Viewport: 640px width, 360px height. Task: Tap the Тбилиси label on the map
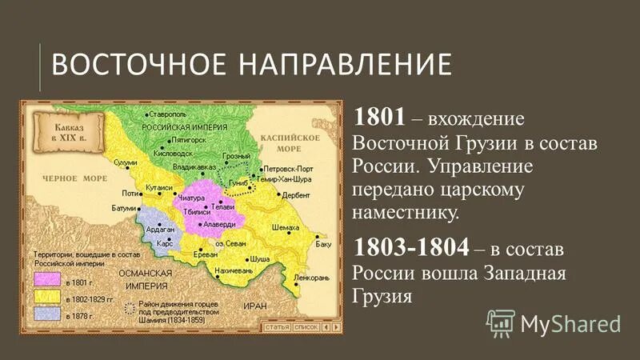(x=196, y=210)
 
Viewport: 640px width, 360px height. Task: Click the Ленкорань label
(x=310, y=278)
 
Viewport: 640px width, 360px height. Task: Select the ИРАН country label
(x=255, y=305)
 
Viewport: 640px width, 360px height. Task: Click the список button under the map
(x=306, y=327)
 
